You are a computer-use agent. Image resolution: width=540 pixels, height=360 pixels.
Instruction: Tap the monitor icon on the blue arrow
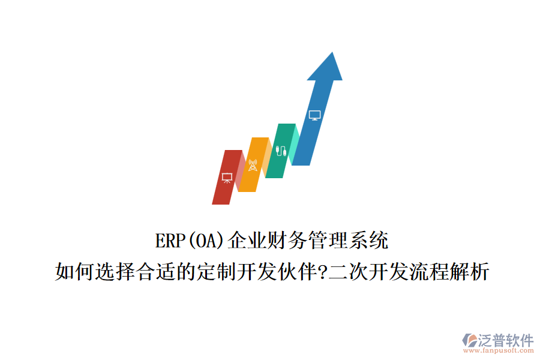(x=314, y=115)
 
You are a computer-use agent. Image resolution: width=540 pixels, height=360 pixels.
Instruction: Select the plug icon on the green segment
(x=280, y=150)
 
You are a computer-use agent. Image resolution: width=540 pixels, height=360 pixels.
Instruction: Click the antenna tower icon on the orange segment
(x=253, y=165)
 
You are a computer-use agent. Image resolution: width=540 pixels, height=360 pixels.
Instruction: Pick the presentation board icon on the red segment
(x=227, y=178)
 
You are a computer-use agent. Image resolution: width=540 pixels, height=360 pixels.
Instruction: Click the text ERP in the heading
(x=169, y=241)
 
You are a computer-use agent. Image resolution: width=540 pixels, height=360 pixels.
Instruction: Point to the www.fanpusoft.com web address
(x=501, y=351)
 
